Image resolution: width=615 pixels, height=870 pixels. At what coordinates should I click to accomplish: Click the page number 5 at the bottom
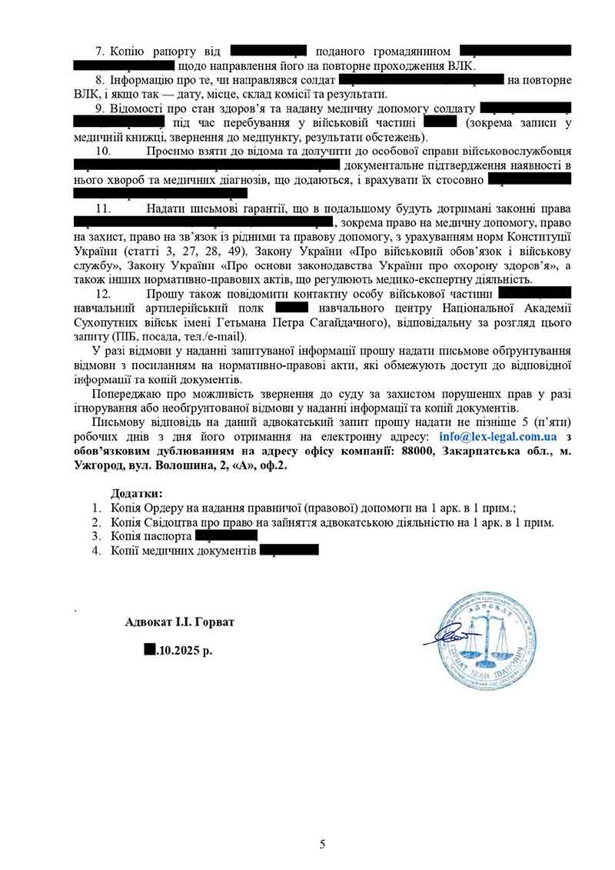pos(322,845)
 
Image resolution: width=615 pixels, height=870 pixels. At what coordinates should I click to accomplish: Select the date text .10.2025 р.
pos(185,650)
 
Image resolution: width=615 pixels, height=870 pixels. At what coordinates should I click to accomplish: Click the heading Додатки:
pos(136,493)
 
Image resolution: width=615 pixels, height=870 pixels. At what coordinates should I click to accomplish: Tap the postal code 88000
pos(417,451)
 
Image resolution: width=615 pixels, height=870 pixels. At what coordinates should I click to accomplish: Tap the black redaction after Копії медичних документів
pos(289,550)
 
